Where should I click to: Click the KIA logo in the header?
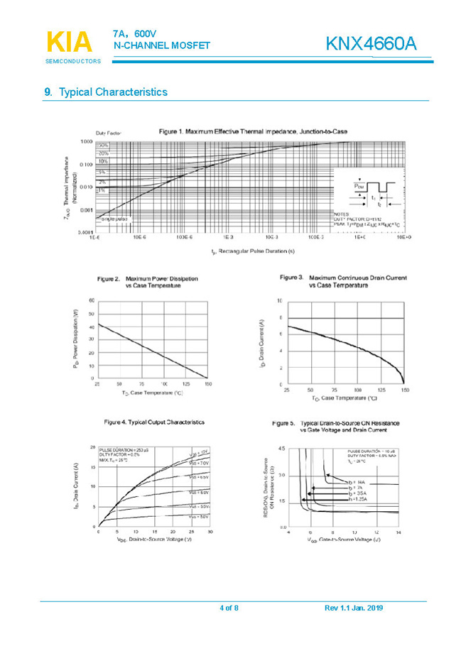69,42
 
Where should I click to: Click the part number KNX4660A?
371,44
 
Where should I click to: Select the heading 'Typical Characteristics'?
113,92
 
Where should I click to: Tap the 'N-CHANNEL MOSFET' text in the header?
162,46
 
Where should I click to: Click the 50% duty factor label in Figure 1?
102,146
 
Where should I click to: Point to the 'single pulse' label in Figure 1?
112,219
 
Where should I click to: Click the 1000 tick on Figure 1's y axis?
87,141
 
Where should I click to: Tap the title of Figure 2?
148,282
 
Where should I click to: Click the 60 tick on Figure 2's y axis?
91,301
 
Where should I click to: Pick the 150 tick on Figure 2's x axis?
207,384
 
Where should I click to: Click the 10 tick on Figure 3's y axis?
280,301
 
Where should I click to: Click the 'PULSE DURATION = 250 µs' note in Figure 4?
123,451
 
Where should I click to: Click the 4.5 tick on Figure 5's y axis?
281,449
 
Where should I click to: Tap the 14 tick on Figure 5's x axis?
398,532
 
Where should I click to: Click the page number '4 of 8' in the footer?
229,608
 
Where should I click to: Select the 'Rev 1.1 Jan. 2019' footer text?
354,608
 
